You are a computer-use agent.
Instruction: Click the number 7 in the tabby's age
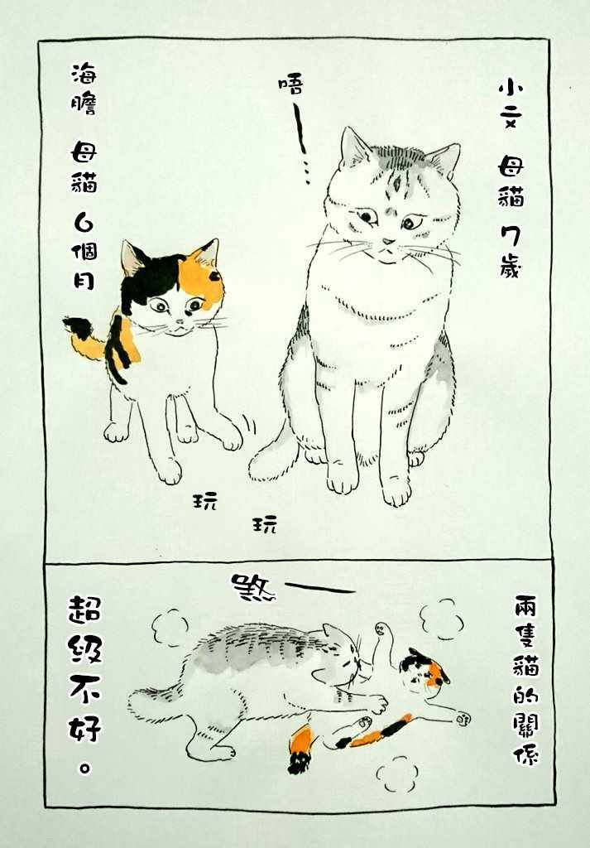coord(511,235)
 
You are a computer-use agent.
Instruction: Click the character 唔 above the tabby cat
coord(290,85)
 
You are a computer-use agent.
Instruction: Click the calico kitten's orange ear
coord(206,253)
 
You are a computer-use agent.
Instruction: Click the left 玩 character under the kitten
coord(205,500)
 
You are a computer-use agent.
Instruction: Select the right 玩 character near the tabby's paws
coord(265,523)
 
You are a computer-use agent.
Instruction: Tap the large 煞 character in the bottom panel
coord(253,587)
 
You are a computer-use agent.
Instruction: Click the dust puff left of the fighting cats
coord(170,628)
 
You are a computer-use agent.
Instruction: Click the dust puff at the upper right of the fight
coord(441,619)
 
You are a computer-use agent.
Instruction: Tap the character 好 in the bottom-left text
coord(85,727)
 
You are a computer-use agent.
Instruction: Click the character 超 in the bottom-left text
coord(85,609)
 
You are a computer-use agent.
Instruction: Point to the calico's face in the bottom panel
coord(425,670)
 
